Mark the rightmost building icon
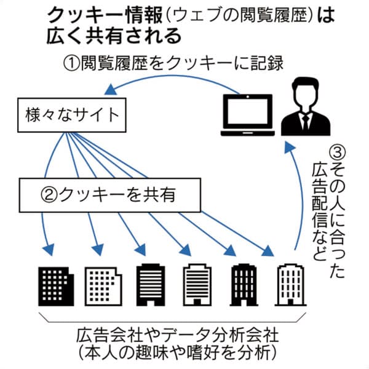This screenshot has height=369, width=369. point(289,283)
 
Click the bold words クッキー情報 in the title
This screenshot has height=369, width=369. point(93,17)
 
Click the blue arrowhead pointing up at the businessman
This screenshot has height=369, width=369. point(288,145)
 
